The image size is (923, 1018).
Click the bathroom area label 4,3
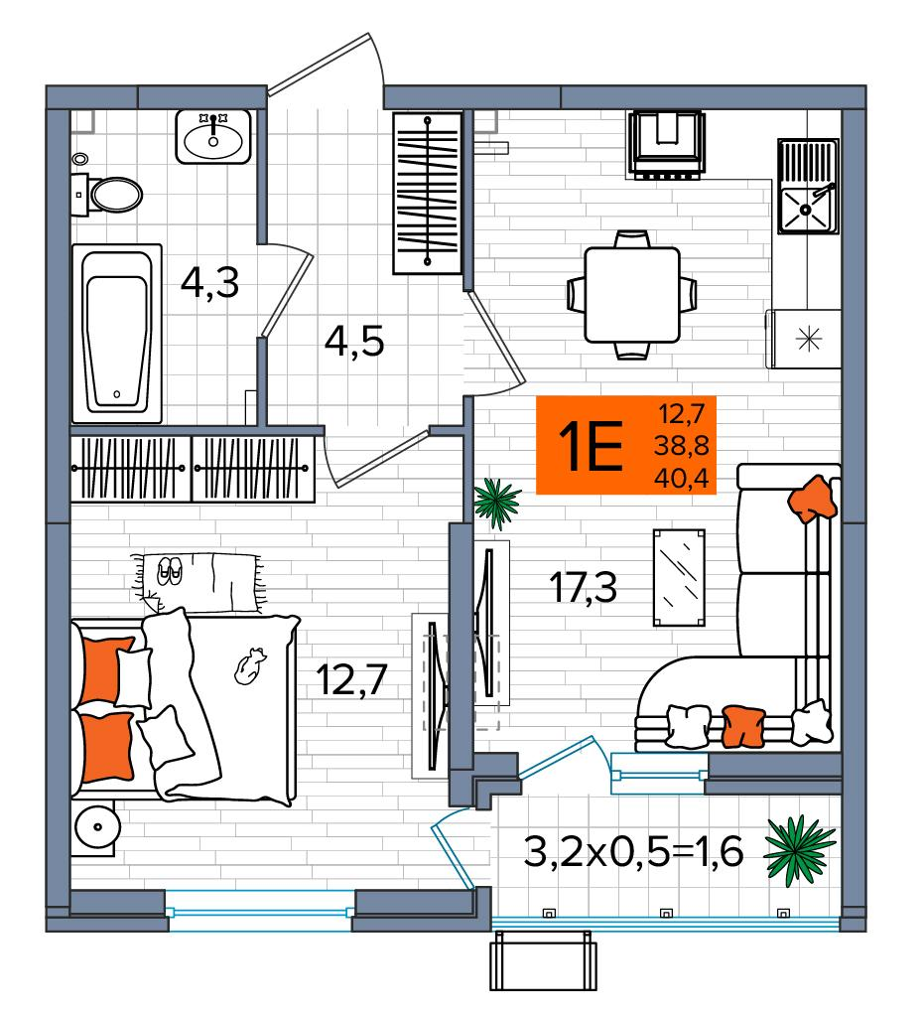pyautogui.click(x=209, y=283)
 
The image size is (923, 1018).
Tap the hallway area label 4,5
pyautogui.click(x=354, y=342)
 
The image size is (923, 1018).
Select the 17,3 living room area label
pyautogui.click(x=584, y=588)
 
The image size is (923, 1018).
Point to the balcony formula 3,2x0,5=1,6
pyautogui.click(x=633, y=852)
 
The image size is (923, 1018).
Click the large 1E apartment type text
pyautogui.click(x=591, y=445)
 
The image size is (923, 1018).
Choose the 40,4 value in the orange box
pyautogui.click(x=681, y=479)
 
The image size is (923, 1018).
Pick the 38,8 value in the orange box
pyautogui.click(x=681, y=445)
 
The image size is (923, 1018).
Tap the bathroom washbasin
pyautogui.click(x=212, y=137)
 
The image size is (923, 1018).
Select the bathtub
pyautogui.click(x=117, y=334)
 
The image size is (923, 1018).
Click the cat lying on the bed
pyautogui.click(x=250, y=665)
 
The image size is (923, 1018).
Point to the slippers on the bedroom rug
pyautogui.click(x=170, y=571)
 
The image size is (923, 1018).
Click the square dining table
pyautogui.click(x=632, y=294)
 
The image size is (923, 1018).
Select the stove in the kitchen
pyautogui.click(x=666, y=144)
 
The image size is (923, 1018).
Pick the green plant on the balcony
pyautogui.click(x=799, y=850)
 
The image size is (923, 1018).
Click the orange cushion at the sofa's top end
pyautogui.click(x=811, y=499)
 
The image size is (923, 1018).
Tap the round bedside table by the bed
pyautogui.click(x=97, y=826)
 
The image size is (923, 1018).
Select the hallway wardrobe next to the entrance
pyautogui.click(x=428, y=193)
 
